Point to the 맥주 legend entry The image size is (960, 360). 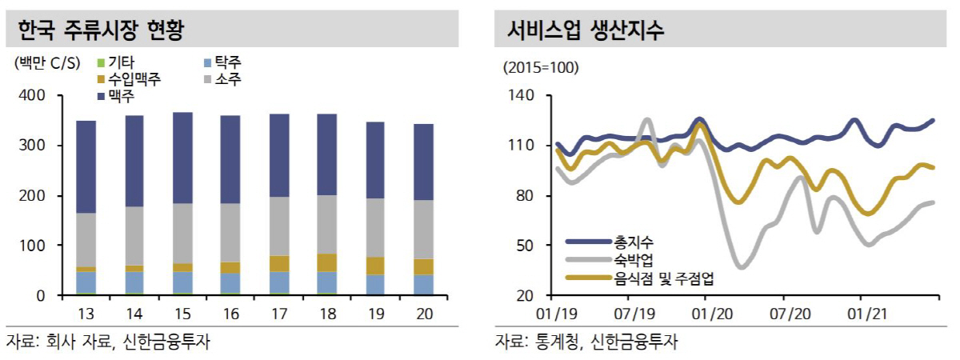point(121,96)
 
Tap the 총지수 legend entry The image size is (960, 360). point(632,241)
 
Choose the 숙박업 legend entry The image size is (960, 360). point(632,259)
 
